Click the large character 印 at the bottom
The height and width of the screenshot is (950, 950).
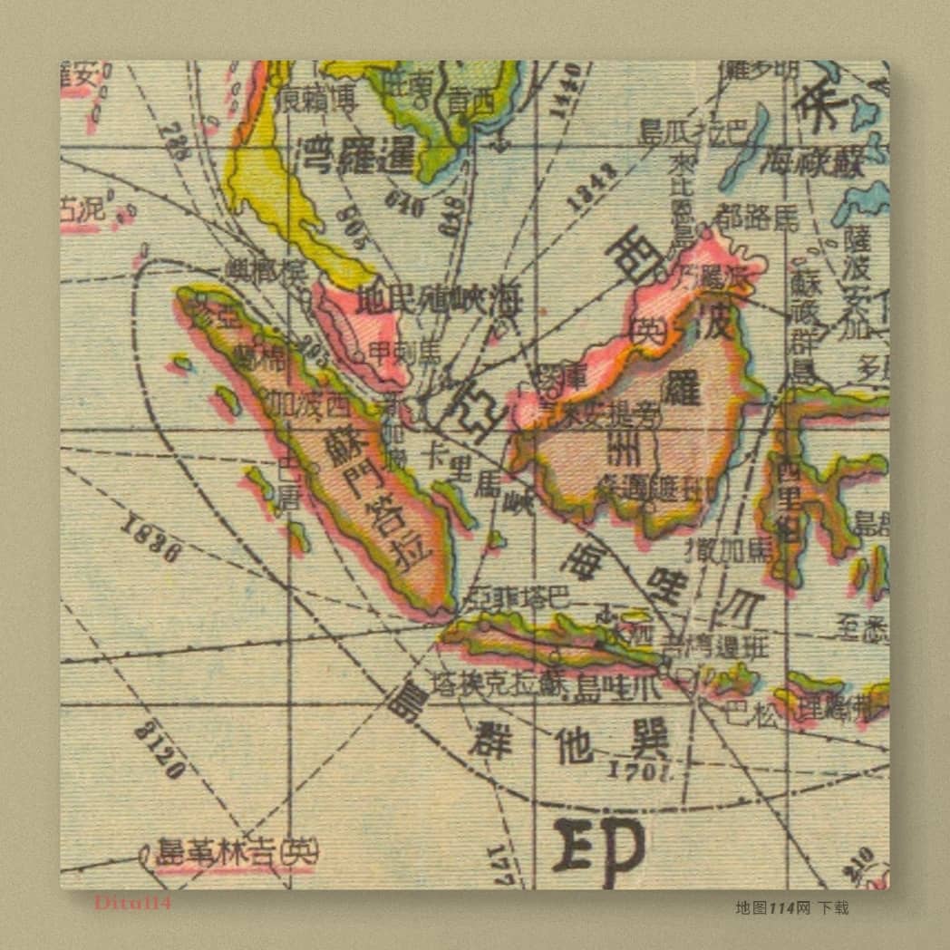(599, 849)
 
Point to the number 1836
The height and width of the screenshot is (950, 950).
(150, 538)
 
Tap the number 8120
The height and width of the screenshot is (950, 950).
(160, 750)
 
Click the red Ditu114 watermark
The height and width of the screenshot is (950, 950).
(132, 902)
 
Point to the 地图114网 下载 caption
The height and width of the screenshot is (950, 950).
(791, 907)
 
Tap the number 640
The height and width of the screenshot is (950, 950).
(404, 205)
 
